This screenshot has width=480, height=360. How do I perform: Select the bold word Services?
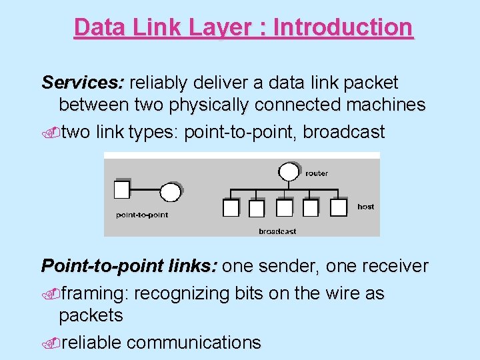click(83, 83)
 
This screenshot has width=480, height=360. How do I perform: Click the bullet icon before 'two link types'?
click(51, 133)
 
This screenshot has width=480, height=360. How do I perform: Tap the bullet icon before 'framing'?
click(51, 294)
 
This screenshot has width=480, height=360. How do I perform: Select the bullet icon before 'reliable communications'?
click(51, 343)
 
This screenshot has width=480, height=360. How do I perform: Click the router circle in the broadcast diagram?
click(288, 172)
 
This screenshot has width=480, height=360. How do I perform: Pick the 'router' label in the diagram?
click(317, 173)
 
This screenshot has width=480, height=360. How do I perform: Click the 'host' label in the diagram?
click(365, 207)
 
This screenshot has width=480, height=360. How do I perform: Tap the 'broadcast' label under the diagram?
click(277, 231)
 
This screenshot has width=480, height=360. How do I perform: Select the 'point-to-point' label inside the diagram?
click(142, 215)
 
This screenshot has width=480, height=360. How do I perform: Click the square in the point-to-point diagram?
click(122, 190)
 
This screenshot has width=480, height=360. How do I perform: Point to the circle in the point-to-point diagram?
click(170, 192)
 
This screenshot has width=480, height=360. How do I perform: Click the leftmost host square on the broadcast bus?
click(231, 208)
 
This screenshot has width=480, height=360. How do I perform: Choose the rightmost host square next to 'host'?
click(339, 207)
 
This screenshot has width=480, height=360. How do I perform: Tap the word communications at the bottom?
click(193, 343)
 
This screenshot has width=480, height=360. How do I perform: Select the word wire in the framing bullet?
click(335, 294)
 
